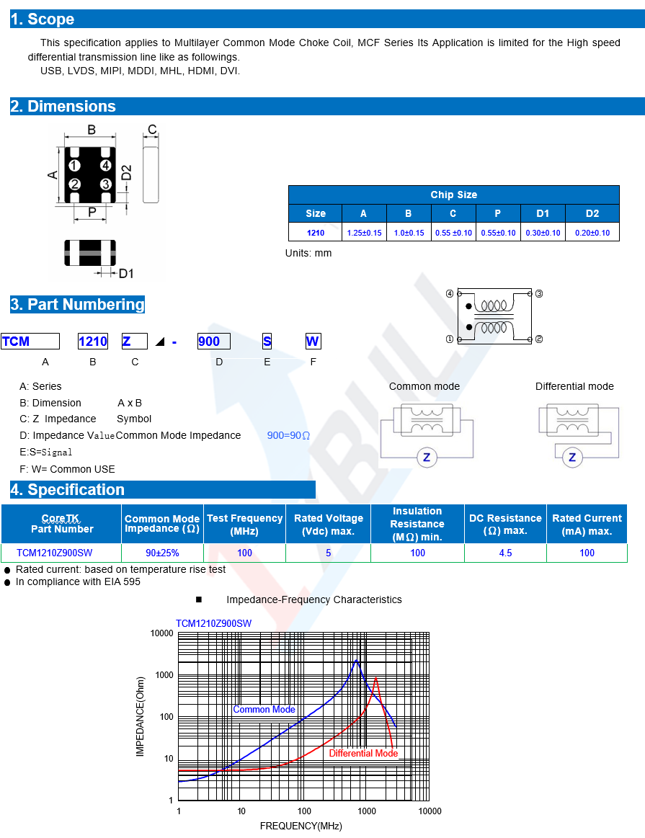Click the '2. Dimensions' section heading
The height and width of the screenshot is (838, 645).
(63, 107)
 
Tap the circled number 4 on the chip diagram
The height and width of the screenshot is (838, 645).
(105, 166)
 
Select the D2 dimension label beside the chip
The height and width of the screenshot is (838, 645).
(126, 173)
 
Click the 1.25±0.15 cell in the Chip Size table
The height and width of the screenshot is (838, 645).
(364, 233)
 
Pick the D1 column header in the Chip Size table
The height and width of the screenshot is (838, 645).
(543, 213)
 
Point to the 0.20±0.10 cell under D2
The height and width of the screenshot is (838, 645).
(592, 233)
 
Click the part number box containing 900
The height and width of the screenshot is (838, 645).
(213, 342)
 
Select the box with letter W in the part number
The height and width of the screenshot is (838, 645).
(312, 342)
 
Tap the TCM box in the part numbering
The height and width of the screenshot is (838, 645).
(30, 342)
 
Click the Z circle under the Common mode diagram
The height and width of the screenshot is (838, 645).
(427, 458)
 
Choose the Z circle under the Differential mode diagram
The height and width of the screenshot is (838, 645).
(573, 458)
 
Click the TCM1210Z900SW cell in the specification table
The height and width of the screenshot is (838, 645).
(55, 553)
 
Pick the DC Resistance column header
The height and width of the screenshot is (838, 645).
(505, 524)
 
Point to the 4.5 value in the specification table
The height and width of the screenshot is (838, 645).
(505, 553)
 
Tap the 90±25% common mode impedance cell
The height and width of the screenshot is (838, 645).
(162, 553)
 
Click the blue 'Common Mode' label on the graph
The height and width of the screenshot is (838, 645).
(264, 710)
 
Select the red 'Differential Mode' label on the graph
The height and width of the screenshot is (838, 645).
(363, 753)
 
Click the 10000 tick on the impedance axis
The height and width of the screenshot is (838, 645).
(161, 633)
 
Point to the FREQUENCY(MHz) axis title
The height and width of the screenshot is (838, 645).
(301, 826)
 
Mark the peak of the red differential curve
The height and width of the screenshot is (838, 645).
(375, 677)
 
